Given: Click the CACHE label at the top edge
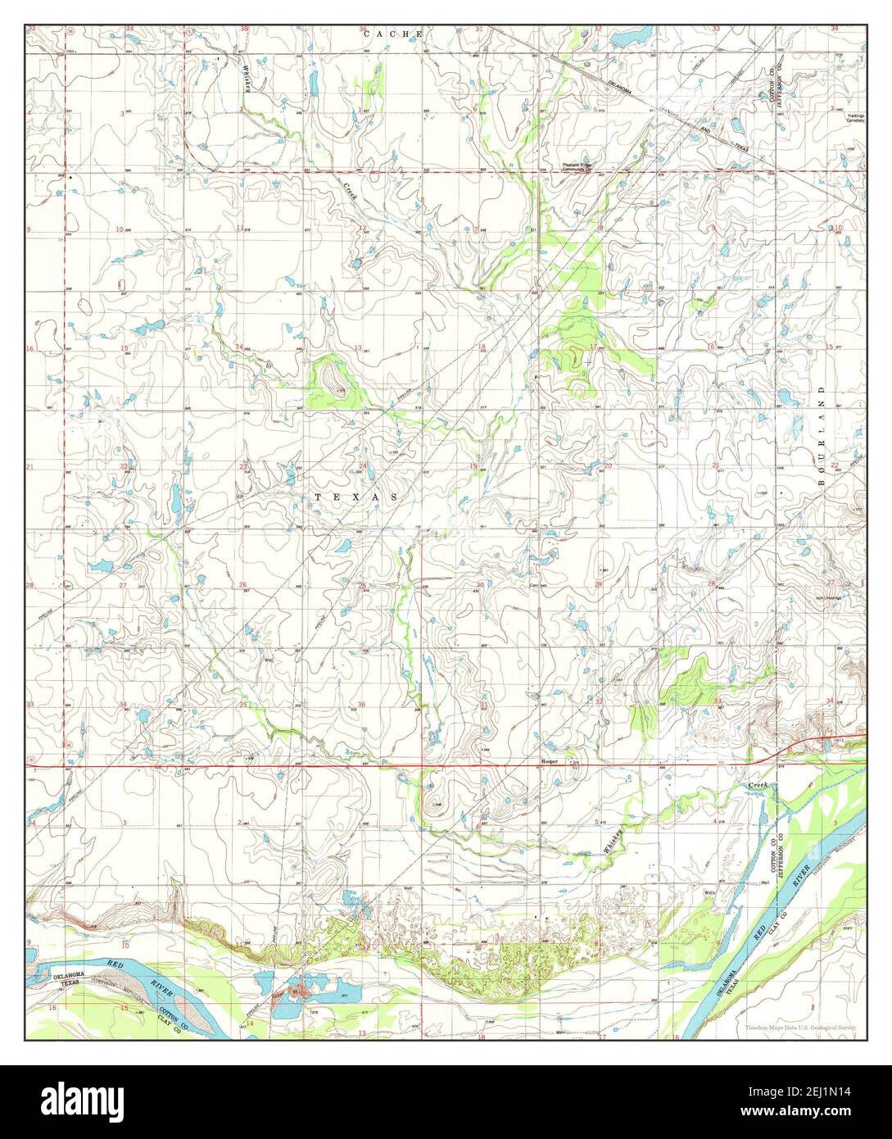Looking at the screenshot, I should pos(393,34).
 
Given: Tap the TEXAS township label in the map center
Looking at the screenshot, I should pos(356,497).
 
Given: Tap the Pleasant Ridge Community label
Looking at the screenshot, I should pos(582,166).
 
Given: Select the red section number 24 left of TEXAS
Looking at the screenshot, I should pos(362,466).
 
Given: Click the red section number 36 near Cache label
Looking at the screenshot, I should pos(362,30).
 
